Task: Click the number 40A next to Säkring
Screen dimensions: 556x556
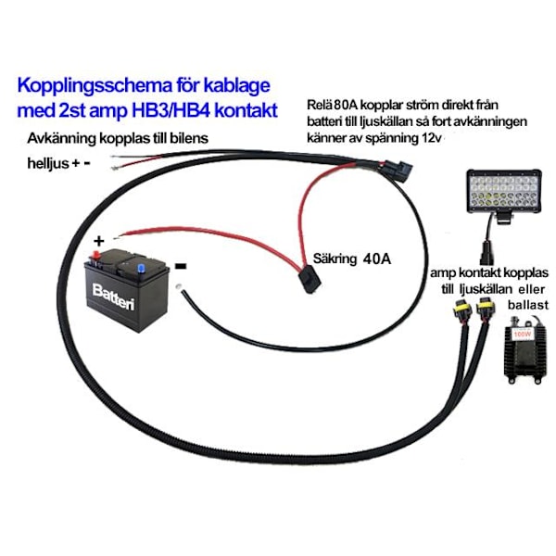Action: click(373, 259)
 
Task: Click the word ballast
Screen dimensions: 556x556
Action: click(525, 303)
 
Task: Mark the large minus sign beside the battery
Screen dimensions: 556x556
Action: click(182, 265)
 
